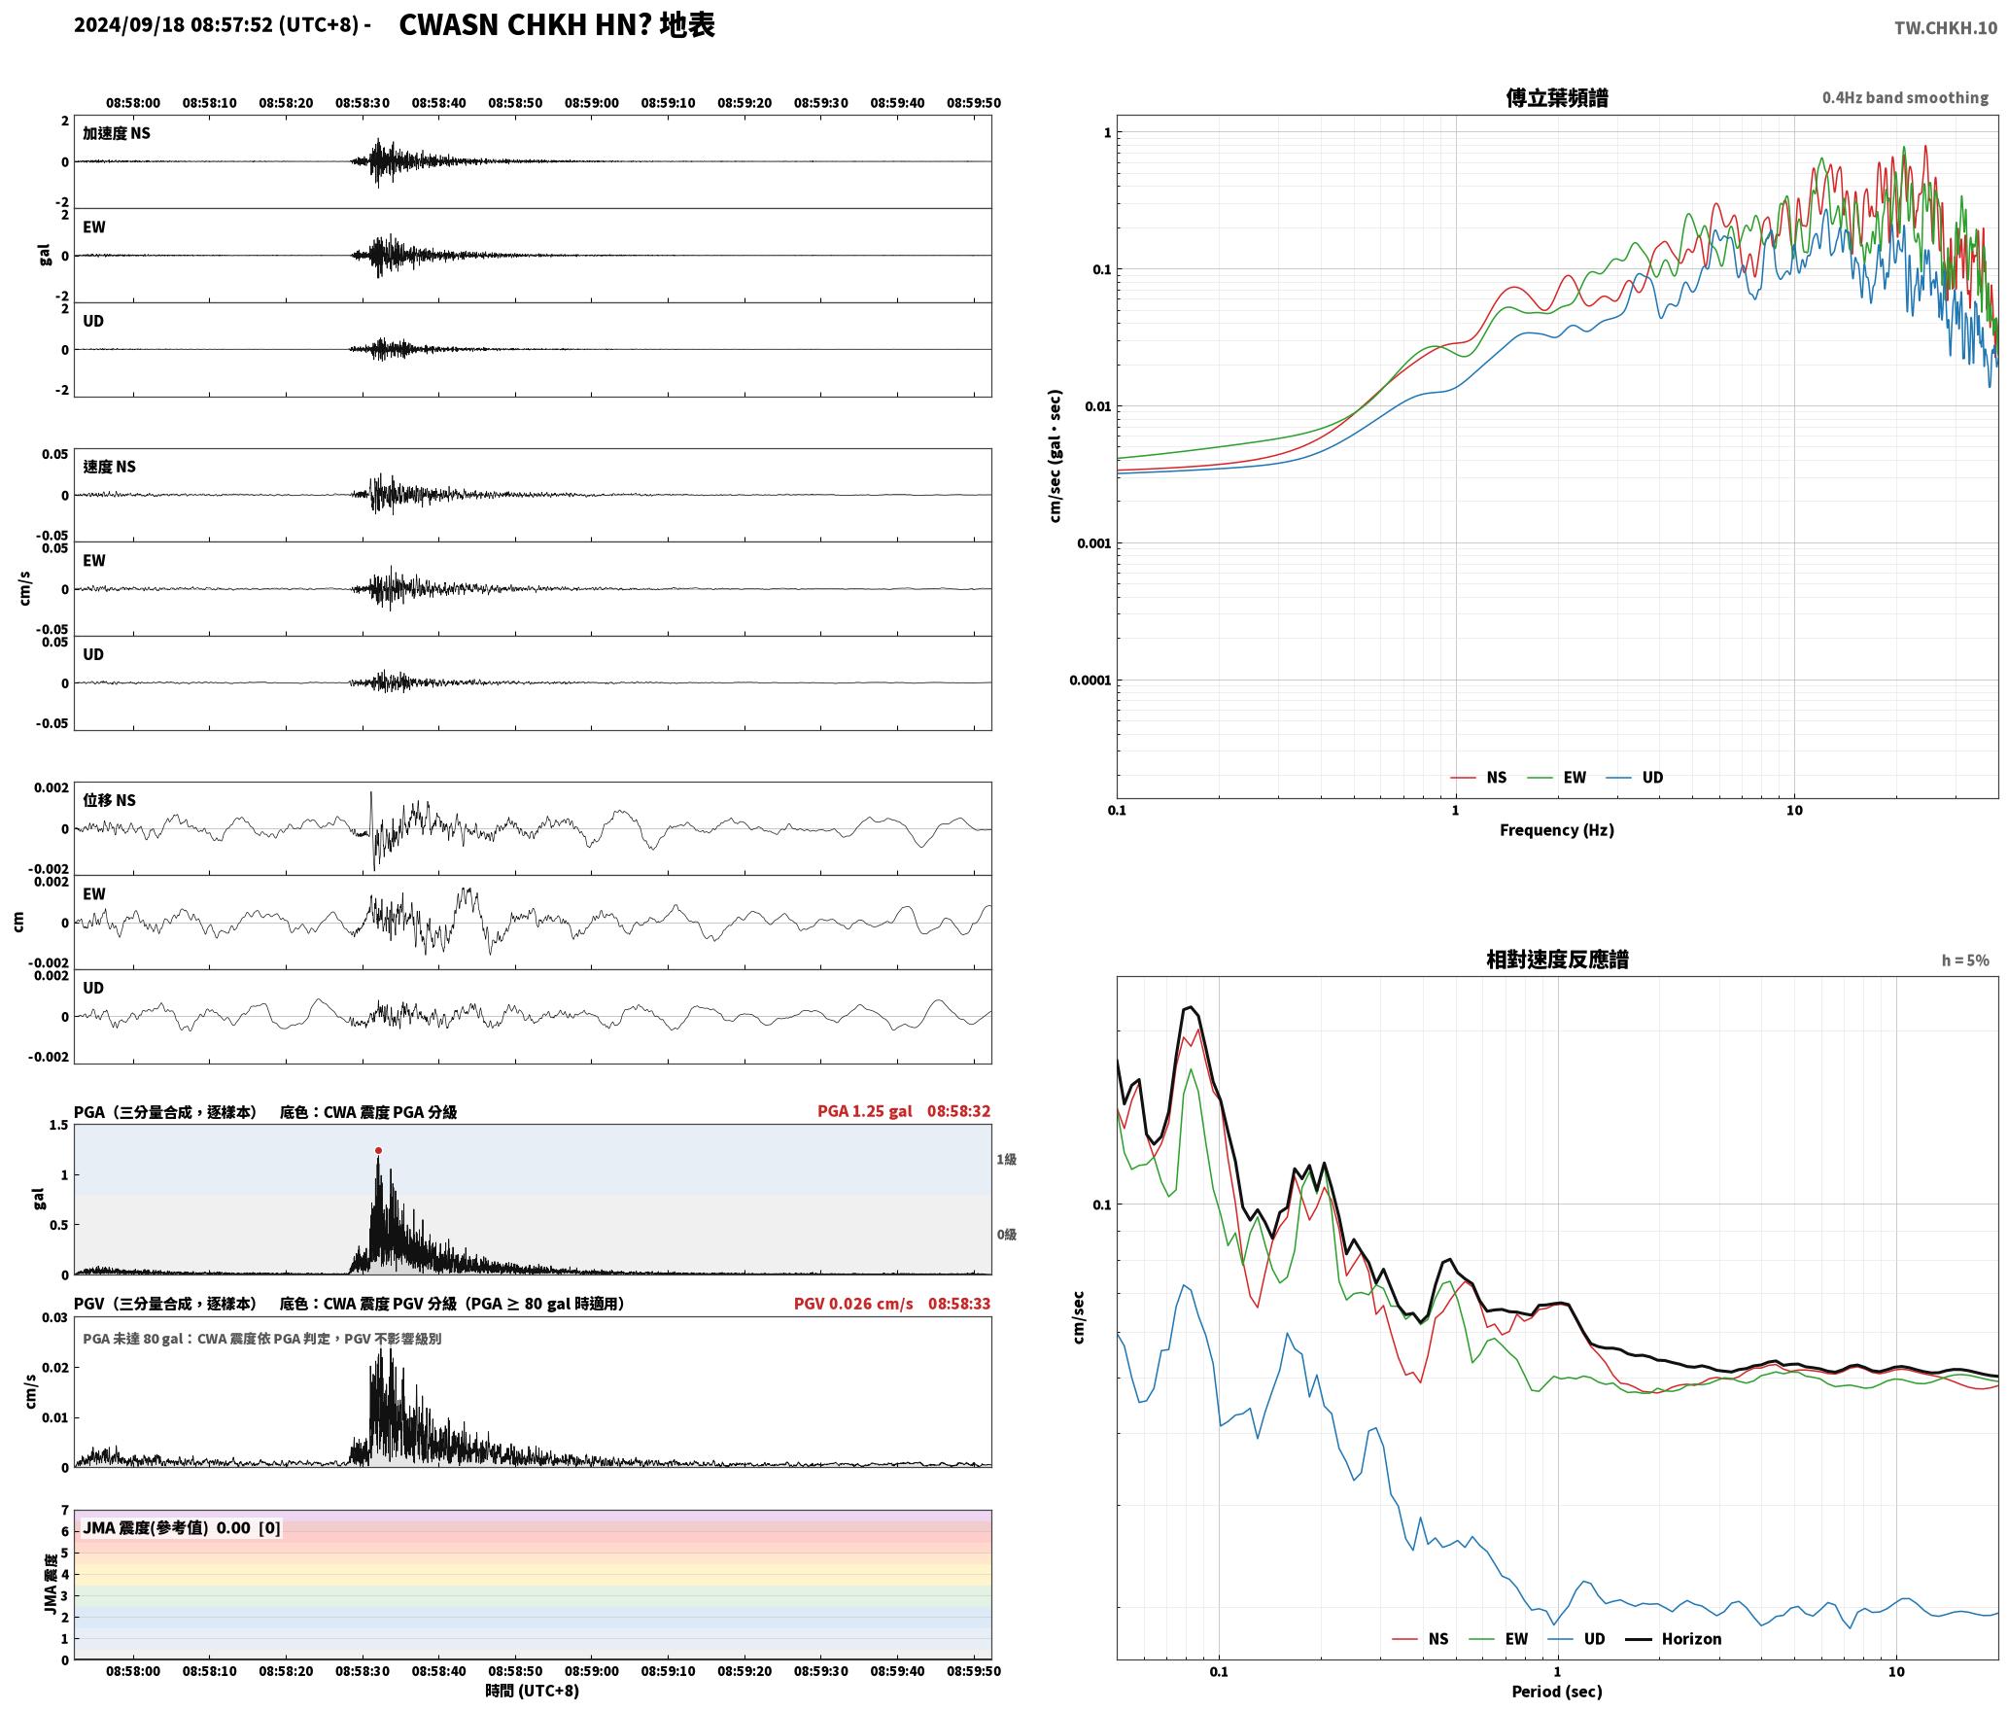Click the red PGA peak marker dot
point(378,1150)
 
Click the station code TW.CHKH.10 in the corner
point(1945,27)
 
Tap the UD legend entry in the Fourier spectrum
point(1635,777)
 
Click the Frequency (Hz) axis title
point(1556,829)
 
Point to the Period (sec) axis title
point(1556,1691)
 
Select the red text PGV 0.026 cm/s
point(852,1303)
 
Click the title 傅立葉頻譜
point(1556,97)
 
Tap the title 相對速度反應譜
point(1557,959)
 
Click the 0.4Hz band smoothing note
point(1905,97)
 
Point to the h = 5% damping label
point(1965,960)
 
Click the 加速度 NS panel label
point(117,133)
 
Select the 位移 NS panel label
point(110,800)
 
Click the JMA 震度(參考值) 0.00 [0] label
point(182,1527)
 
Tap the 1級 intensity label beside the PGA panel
point(1006,1159)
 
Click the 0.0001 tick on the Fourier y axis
point(1090,680)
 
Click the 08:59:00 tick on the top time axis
point(591,102)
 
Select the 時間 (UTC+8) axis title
point(533,1691)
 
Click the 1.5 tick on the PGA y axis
point(59,1125)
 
